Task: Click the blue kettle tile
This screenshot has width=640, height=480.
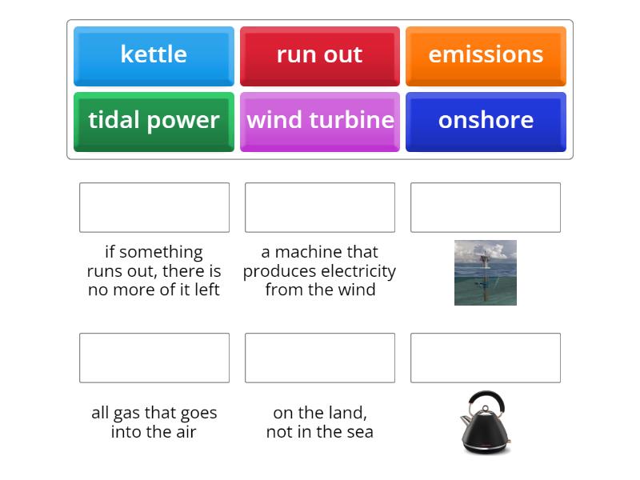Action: tap(154, 55)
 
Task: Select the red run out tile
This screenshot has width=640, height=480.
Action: tap(319, 55)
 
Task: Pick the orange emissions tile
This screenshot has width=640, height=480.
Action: tap(486, 55)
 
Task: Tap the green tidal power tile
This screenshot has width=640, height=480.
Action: tap(154, 121)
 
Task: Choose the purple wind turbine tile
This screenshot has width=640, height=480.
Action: tap(319, 121)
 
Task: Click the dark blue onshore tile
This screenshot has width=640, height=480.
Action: tap(486, 121)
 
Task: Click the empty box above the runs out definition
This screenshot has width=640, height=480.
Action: tap(154, 207)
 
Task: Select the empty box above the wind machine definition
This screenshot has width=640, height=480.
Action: tap(320, 207)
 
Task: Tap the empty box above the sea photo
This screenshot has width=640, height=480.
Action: tap(486, 207)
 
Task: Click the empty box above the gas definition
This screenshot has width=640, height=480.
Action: tap(154, 358)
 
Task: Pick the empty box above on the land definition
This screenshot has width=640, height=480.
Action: tap(320, 358)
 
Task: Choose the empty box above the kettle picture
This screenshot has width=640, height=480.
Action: tap(486, 358)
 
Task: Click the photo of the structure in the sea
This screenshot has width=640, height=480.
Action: tap(486, 273)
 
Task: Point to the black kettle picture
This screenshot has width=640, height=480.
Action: tap(486, 422)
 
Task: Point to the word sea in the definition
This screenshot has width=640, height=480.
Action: tap(360, 432)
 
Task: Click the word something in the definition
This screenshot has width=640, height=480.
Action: tap(162, 252)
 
